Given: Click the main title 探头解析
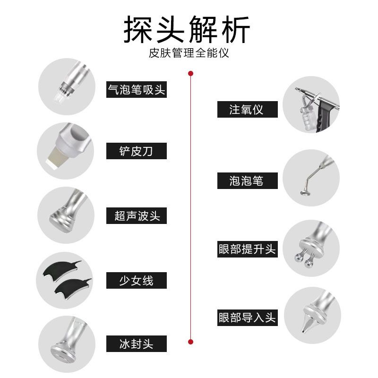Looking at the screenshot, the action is tap(187, 29).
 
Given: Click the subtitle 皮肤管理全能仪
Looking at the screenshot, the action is tap(189, 53).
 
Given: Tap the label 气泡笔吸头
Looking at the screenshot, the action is tap(137, 89).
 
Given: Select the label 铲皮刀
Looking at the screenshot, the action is tap(137, 151).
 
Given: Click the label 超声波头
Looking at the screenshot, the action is tap(137, 215).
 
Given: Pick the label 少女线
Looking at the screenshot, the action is tap(137, 280).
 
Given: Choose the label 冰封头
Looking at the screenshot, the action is tap(137, 344).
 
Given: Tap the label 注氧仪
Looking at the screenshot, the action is tap(248, 110).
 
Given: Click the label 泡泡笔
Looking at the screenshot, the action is tap(248, 180).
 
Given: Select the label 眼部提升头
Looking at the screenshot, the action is tap(248, 249).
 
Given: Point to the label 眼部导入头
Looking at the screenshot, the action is tap(248, 318).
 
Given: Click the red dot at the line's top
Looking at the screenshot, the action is tap(191, 74).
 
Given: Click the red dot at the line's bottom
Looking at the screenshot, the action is tap(191, 342).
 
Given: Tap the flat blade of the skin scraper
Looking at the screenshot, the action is tap(53, 158).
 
